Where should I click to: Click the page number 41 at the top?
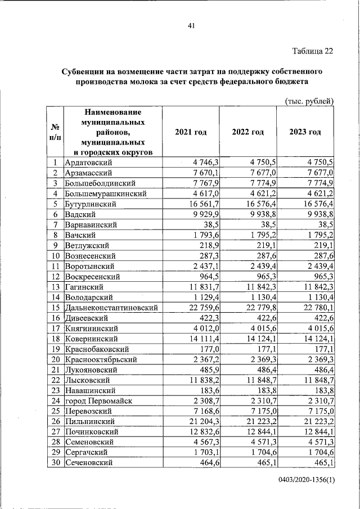[191, 25]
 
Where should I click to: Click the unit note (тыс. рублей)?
[309, 101]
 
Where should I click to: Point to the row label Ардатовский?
[89, 163]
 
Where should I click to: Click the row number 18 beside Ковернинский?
[56, 339]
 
